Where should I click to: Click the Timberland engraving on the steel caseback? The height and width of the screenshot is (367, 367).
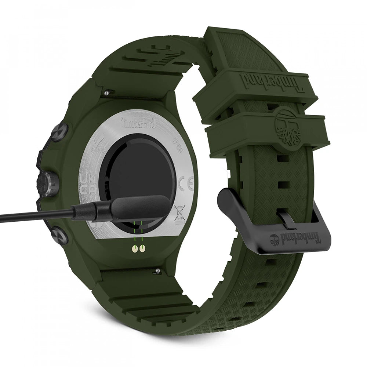pyautogui.click(x=138, y=123)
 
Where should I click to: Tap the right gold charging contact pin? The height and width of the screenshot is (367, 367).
pyautogui.click(x=142, y=250)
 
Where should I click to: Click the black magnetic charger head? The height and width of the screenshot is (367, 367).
pyautogui.click(x=139, y=206)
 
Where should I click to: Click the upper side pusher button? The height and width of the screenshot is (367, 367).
pyautogui.click(x=59, y=132)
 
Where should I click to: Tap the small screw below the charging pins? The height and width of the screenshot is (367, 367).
pyautogui.click(x=157, y=271)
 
